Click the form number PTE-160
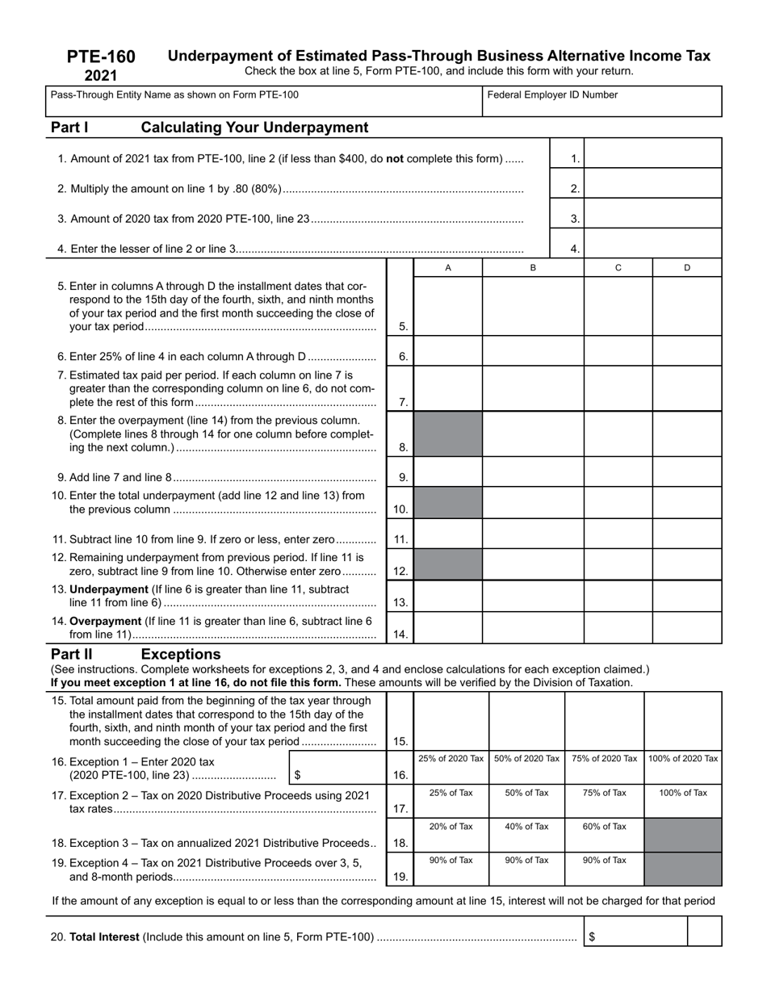tap(101, 57)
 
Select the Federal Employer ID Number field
tap(601, 102)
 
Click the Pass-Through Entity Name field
tap(263, 102)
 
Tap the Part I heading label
tap(69, 128)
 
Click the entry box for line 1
tap(652, 153)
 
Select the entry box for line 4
tap(652, 243)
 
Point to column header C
tap(618, 268)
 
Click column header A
tap(448, 268)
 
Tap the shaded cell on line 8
tap(448, 434)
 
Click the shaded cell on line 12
tap(448, 565)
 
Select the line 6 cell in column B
tap(533, 351)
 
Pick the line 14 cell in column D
tap(687, 628)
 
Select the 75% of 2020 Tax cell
tap(604, 767)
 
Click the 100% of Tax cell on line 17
tap(683, 801)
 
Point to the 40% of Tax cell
tap(526, 835)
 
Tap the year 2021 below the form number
tap(101, 76)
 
